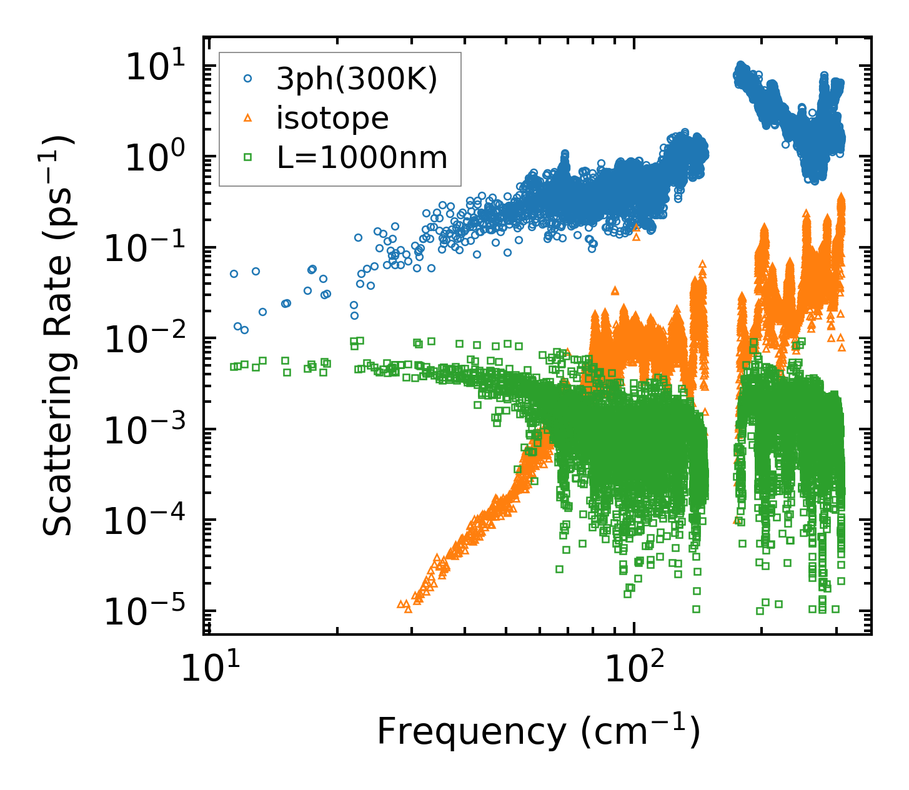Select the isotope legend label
point(332,118)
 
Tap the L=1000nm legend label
point(362,158)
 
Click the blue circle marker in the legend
point(248,79)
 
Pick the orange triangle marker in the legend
point(248,117)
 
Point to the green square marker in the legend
point(248,157)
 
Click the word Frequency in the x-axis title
point(471,732)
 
